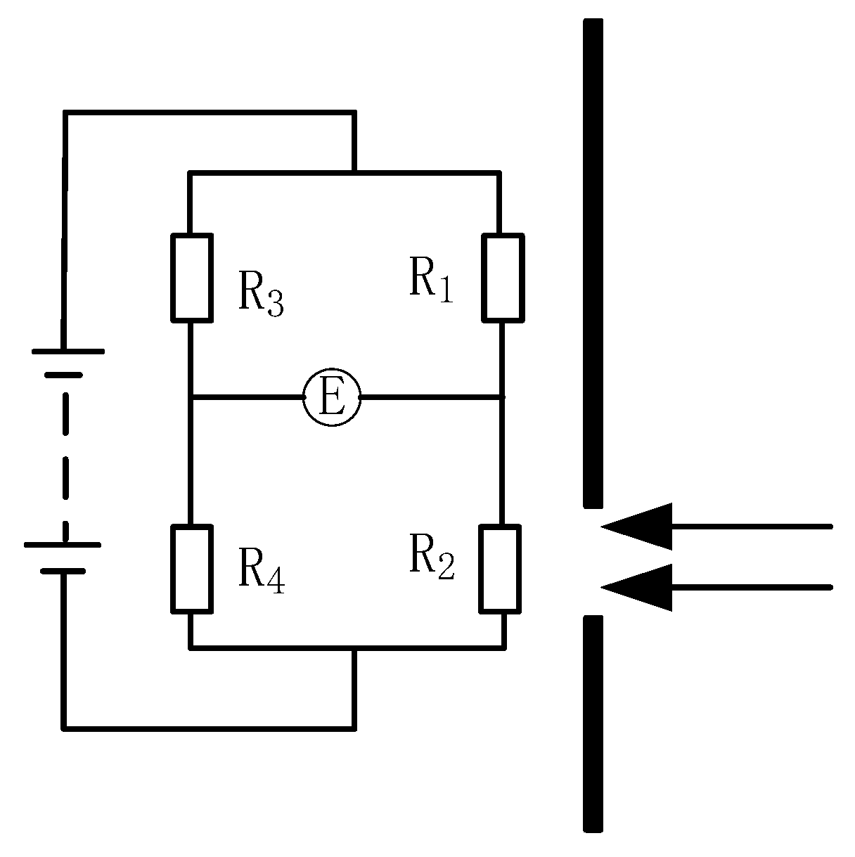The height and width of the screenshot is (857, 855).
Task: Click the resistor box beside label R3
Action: coord(191,278)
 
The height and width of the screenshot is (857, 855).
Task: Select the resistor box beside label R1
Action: coord(502,278)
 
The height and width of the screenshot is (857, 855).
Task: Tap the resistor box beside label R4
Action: coord(191,568)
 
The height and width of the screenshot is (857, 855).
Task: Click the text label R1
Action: coord(431,281)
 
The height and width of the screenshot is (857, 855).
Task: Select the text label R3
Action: coord(261,294)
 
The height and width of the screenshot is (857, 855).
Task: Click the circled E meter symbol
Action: coord(332,398)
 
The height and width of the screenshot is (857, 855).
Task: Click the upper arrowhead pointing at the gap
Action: coord(640,526)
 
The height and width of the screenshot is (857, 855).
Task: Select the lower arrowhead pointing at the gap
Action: coord(640,586)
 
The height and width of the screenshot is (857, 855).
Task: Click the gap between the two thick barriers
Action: coord(593,560)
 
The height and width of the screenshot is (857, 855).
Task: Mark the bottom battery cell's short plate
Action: coord(63,570)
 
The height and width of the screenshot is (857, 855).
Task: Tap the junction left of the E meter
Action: coord(191,398)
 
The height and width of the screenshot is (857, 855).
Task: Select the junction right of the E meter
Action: coord(502,398)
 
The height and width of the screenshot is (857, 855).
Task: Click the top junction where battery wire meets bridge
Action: coord(354,172)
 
